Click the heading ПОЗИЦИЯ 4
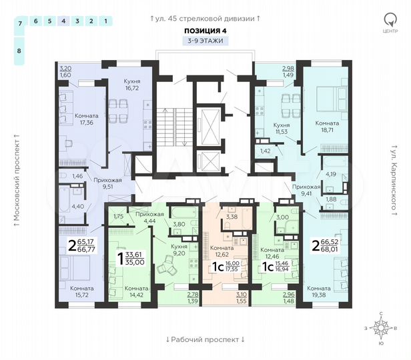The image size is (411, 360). tap(205, 31)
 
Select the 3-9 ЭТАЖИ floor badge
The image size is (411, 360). tap(205, 41)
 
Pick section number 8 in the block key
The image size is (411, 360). tap(19, 51)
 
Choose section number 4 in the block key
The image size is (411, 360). tap(63, 21)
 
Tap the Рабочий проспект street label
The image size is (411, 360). tap(205, 339)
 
